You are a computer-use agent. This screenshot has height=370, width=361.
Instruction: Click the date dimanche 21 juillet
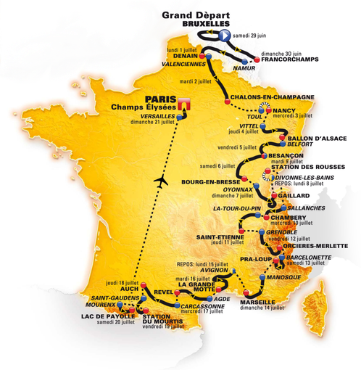click(149, 123)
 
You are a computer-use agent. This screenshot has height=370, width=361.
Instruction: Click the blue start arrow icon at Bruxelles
click(225, 35)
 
